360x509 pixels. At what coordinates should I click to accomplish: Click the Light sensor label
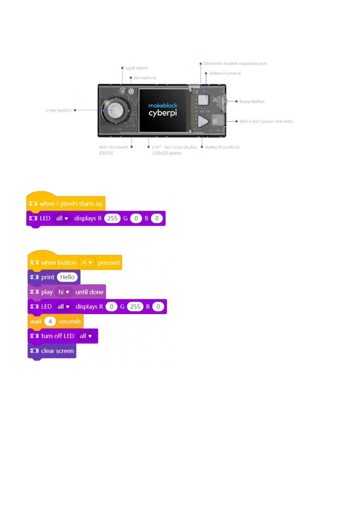[137, 68]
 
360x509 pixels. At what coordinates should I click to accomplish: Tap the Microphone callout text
[145, 78]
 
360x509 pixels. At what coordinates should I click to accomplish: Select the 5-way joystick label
[58, 110]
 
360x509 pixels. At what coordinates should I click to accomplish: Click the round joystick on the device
[115, 110]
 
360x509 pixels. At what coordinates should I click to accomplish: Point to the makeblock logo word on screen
[163, 105]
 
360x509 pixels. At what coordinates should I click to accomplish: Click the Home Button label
[252, 102]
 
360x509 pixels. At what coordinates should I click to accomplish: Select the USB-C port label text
[266, 121]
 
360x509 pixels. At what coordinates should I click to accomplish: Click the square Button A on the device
[203, 99]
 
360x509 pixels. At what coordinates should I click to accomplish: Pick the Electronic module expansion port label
[235, 63]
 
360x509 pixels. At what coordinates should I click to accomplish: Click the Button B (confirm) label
[222, 147]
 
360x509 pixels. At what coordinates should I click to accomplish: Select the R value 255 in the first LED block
[112, 218]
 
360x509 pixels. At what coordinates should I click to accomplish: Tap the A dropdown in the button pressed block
[87, 263]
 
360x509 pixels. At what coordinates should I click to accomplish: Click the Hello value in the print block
[67, 277]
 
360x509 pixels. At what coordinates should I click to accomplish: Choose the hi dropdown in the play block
[64, 292]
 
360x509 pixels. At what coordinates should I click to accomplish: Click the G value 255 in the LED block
[135, 306]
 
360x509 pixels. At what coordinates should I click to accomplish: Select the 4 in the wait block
[50, 321]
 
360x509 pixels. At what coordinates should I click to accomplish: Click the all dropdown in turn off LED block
[86, 336]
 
